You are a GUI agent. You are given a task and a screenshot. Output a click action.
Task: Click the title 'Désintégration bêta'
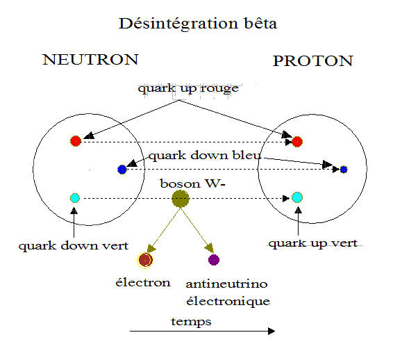click(x=198, y=24)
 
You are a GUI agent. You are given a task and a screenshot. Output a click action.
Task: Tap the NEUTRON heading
click(x=90, y=60)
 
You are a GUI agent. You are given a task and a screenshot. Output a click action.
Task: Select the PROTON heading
click(x=313, y=61)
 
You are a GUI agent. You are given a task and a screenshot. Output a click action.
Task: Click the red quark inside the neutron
click(x=76, y=141)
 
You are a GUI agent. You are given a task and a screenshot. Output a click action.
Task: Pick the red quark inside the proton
click(x=297, y=142)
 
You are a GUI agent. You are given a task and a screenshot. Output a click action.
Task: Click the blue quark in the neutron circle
click(x=122, y=170)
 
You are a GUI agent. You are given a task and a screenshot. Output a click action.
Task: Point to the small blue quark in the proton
click(x=344, y=170)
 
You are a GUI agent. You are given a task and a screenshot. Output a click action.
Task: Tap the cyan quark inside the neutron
click(x=75, y=198)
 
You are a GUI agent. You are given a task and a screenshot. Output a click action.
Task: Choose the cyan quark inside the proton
click(x=297, y=197)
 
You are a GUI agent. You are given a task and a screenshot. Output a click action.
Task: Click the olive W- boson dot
click(x=181, y=199)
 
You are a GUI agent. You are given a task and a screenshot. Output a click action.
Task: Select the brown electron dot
click(x=145, y=260)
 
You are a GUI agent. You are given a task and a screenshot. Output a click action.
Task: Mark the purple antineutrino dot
click(x=214, y=260)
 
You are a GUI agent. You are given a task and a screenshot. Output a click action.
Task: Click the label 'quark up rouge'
click(x=188, y=89)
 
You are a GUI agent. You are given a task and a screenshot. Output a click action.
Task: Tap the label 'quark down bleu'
click(x=205, y=156)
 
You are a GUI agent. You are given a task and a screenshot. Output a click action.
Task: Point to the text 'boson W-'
click(x=193, y=184)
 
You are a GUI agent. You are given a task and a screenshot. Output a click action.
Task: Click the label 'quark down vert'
click(x=74, y=245)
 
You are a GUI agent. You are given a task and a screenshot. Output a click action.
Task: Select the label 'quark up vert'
click(x=312, y=243)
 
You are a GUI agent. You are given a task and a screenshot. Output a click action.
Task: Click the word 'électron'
click(x=143, y=282)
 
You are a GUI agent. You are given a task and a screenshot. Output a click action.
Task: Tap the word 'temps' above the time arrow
click(x=191, y=322)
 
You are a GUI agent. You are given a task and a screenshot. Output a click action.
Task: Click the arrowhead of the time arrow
click(x=271, y=331)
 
